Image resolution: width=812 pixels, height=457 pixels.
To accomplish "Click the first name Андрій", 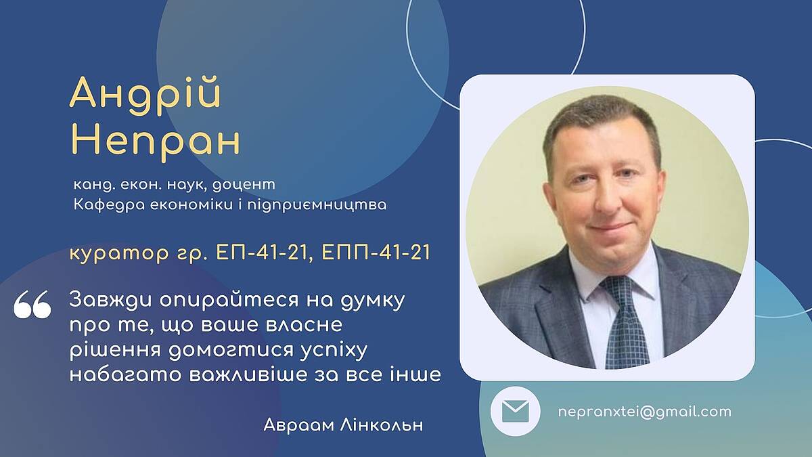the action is [x=145, y=95].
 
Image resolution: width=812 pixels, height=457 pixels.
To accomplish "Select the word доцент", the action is [x=244, y=185].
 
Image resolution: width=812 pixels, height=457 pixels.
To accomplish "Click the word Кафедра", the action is [x=109, y=205].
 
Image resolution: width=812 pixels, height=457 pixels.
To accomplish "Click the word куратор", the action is [x=119, y=254].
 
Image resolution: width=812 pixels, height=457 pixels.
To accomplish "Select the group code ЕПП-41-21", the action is [x=376, y=252].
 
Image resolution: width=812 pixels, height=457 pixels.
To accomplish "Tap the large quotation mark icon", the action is [x=32, y=304].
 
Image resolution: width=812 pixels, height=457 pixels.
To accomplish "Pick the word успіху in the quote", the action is [x=334, y=351].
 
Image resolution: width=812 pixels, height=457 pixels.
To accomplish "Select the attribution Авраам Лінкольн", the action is [x=343, y=425].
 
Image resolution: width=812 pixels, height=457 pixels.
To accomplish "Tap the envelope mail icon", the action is [x=515, y=412].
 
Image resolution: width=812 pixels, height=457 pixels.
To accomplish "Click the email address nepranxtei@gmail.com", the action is [x=644, y=412].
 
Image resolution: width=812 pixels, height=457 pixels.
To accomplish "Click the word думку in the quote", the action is [x=373, y=301].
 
